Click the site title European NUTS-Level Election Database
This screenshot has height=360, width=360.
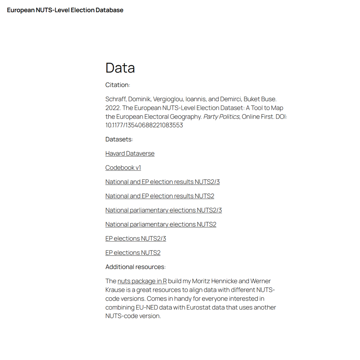[65, 10]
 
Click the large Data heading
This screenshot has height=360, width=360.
[120, 68]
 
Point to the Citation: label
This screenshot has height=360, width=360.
[118, 85]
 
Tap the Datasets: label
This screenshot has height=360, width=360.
[119, 139]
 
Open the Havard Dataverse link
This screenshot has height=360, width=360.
[130, 153]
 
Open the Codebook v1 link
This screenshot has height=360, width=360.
[123, 168]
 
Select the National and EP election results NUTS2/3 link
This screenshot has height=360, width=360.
[162, 182]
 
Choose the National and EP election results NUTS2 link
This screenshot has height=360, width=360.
[160, 196]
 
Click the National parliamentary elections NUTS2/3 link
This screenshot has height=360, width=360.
[163, 210]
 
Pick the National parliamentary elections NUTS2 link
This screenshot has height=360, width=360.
[161, 224]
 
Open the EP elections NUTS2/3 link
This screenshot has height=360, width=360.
[136, 239]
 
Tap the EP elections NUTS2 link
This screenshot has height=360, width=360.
[133, 253]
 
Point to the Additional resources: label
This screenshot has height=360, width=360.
[135, 267]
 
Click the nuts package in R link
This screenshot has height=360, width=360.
[142, 281]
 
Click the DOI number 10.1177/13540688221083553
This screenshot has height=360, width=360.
[144, 125]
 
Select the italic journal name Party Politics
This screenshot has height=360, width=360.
[221, 117]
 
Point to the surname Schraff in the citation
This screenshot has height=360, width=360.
[116, 99]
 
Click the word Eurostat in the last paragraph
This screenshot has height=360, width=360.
[199, 307]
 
